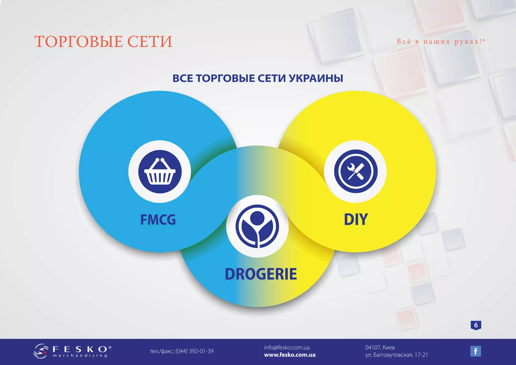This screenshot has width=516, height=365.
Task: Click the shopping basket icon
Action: [x=160, y=172]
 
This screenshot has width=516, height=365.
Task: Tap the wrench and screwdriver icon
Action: [x=356, y=171]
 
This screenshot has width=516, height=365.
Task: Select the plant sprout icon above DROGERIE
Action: [x=257, y=226]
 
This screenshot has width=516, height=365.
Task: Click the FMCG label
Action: [x=158, y=220]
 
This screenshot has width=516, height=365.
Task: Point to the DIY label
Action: [x=356, y=219]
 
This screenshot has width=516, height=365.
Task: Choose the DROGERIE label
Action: [x=261, y=274]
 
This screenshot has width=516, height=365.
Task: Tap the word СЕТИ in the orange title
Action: [x=150, y=42]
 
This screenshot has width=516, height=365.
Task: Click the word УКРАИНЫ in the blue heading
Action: [x=316, y=78]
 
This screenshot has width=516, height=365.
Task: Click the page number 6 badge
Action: [x=476, y=325]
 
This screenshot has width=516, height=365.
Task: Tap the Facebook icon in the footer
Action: [x=475, y=351]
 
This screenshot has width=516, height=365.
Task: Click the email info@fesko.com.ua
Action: [x=287, y=348]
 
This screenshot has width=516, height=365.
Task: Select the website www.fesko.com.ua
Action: [x=290, y=355]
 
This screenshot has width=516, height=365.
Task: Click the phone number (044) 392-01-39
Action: [x=194, y=351]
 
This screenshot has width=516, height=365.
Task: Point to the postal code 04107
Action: [x=373, y=348]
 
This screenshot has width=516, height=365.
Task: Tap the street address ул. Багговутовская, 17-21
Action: [x=397, y=355]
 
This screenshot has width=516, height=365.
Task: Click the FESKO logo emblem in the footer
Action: [x=41, y=351]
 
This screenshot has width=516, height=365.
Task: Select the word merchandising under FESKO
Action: [x=80, y=356]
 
